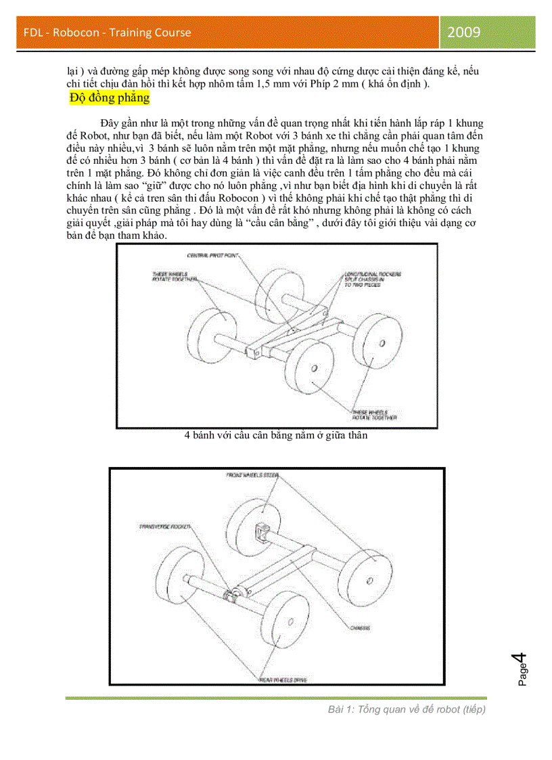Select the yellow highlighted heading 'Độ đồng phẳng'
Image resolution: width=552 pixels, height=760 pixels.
(109, 98)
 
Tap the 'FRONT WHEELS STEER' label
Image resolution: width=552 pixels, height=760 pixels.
(252, 476)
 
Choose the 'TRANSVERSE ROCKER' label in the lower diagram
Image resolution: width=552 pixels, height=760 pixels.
(164, 526)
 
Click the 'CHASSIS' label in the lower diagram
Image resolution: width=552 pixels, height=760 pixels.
(360, 628)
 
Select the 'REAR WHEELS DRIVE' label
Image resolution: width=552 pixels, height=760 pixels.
(282, 679)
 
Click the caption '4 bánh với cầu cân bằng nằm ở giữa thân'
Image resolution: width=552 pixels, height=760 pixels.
(276, 436)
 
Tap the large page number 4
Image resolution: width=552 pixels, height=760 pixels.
(520, 658)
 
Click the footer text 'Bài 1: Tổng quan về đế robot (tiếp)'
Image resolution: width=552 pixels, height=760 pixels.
(407, 709)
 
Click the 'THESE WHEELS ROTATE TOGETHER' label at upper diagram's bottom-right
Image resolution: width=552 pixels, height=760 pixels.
(373, 415)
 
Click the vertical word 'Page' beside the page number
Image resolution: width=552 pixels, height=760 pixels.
(522, 674)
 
